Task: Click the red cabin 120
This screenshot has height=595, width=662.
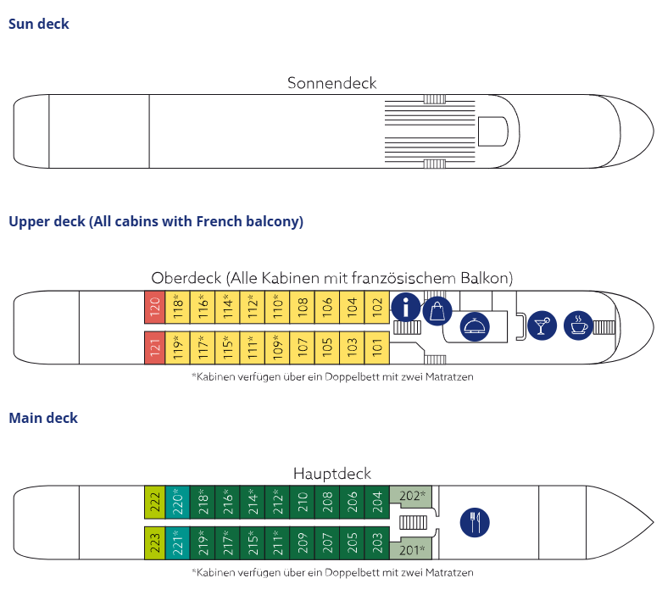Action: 154,307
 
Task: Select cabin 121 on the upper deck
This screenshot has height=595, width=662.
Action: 154,348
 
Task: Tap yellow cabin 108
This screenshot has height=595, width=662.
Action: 303,307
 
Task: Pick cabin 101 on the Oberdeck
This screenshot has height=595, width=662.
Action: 377,348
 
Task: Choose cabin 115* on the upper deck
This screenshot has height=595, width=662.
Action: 227,348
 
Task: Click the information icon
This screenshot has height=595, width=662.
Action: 406,308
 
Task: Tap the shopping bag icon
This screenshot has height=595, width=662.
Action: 437,311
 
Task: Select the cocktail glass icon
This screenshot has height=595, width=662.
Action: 542,325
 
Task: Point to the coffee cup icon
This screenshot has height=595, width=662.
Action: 578,325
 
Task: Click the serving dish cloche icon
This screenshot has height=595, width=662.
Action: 475,326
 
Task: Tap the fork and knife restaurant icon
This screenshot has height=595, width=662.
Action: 475,522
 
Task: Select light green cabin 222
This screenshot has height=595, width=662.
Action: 154,502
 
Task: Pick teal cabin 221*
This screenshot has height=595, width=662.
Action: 177,543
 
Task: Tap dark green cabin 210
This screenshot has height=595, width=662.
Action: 303,502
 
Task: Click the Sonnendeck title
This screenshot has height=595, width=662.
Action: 331,83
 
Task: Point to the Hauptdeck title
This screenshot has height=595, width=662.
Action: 332,474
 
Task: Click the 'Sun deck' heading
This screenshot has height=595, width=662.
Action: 39,24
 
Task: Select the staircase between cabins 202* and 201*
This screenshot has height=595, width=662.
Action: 413,523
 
